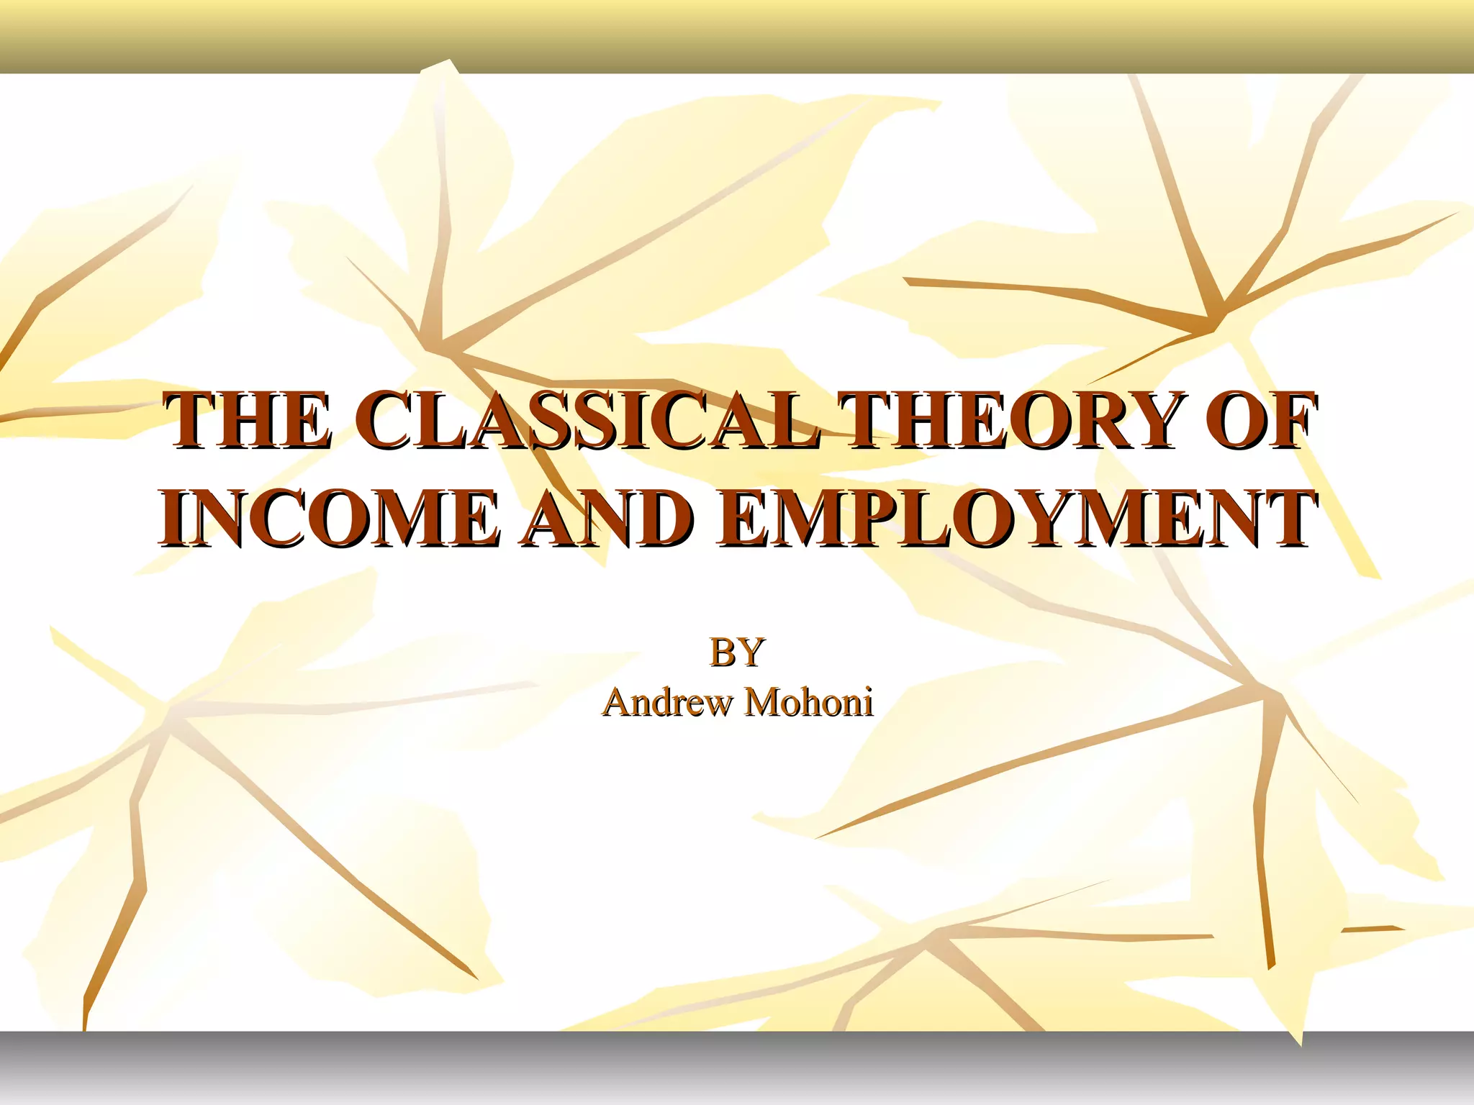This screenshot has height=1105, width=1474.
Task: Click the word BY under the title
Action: [736, 652]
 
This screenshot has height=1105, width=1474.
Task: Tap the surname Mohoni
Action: [808, 702]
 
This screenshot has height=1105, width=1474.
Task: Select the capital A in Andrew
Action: [617, 702]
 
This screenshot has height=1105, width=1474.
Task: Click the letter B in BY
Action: [722, 652]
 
